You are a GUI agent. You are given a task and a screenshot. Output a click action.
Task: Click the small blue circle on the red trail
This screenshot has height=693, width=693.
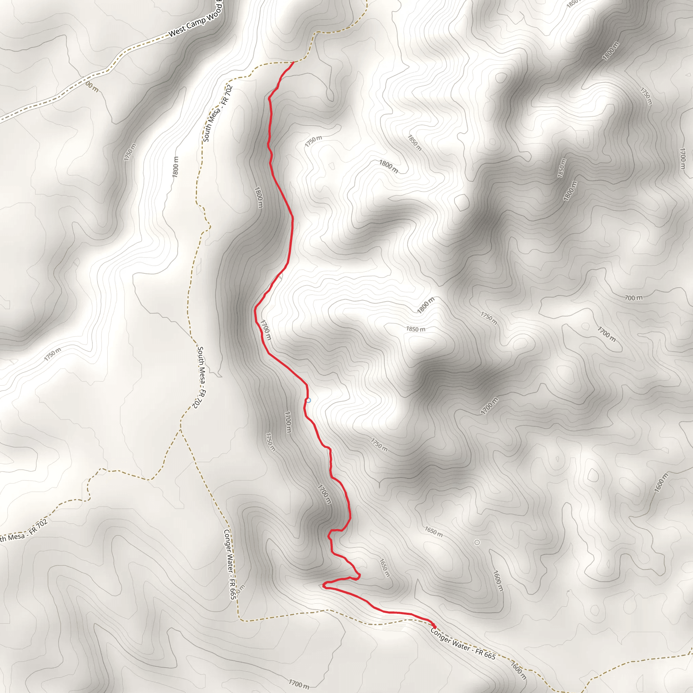coord(308,400)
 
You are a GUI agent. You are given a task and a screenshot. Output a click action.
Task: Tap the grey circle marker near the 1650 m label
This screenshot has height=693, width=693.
coord(477,542)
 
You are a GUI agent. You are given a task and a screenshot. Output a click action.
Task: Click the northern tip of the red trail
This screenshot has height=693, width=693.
coord(293,62)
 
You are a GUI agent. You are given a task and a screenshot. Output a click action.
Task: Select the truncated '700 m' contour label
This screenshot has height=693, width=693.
coord(634,298)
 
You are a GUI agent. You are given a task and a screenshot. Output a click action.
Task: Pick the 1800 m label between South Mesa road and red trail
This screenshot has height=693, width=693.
coord(259,197)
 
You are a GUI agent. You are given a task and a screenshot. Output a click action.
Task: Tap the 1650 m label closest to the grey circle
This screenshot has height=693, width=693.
coord(433,531)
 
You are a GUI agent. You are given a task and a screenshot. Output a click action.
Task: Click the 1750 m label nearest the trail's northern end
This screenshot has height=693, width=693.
coord(313,141)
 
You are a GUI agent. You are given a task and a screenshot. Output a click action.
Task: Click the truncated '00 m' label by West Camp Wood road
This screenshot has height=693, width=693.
coord(92,87)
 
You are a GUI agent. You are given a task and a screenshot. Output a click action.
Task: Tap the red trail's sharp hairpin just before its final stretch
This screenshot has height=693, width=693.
coord(323,585)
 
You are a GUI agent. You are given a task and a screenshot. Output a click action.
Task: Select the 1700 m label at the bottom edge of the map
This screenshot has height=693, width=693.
coord(299,684)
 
